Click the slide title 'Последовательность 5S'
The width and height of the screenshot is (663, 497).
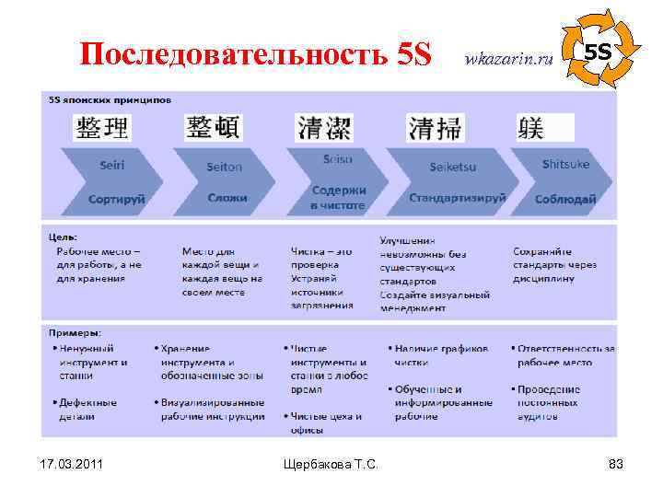[x=255, y=54]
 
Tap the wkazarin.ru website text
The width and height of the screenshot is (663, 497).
[x=510, y=58]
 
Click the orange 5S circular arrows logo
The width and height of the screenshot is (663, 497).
[x=599, y=49]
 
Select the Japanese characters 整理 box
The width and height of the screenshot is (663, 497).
[x=102, y=127]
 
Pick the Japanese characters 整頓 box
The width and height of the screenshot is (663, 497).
[x=213, y=127]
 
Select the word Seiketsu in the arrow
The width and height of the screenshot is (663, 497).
[x=451, y=167]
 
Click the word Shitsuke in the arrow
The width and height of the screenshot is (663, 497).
[x=565, y=164]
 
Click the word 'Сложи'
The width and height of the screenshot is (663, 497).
[x=227, y=198]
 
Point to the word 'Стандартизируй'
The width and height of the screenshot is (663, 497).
[x=458, y=198]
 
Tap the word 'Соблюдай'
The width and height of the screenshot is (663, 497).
[x=564, y=198]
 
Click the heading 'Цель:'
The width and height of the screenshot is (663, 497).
[x=62, y=237]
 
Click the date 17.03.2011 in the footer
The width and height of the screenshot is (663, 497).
[x=71, y=464]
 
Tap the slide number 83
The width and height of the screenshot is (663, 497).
[x=615, y=464]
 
